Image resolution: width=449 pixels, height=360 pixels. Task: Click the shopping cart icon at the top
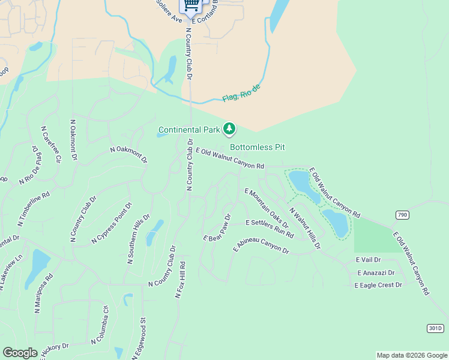coord(191,5)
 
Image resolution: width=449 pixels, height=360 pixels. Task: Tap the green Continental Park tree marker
coord(229,128)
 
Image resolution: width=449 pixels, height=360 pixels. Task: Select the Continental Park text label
coord(188,130)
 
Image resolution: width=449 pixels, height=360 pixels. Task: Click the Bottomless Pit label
coord(257,147)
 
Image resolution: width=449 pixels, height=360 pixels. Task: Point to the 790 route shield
coord(402,215)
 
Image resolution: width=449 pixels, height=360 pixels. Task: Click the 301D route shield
coord(435,328)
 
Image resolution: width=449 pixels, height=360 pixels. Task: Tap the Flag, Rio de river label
coord(241,93)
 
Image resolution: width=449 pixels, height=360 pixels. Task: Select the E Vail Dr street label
coord(369,260)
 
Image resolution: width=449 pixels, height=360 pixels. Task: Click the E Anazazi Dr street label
coord(375,272)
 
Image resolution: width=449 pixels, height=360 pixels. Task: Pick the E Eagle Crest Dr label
coord(378,285)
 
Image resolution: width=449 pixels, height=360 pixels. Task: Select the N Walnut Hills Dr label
coord(305,228)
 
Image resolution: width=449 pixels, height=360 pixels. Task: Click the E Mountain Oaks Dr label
coord(267,208)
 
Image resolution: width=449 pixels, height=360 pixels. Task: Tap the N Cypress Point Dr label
coord(112,223)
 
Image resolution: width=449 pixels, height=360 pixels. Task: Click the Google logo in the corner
coord(20,353)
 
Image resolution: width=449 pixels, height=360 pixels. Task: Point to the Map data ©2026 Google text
coord(411,355)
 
